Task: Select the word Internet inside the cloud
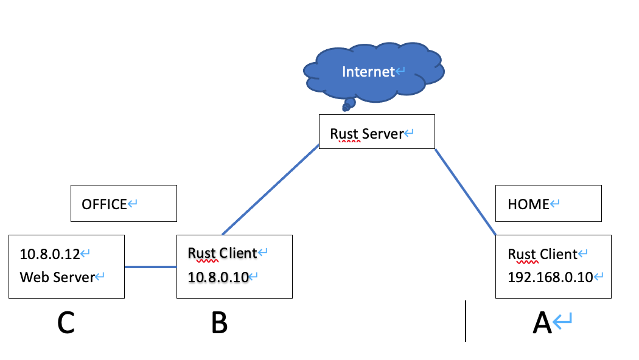pos(368,72)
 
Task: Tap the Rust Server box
pos(377,131)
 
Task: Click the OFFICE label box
pos(124,204)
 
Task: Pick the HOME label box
pos(548,204)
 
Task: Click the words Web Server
pos(57,277)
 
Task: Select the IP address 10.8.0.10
pos(218,277)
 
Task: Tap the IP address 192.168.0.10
pos(550,277)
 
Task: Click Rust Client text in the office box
pos(222,254)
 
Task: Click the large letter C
pos(66,323)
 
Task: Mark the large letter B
pos(219,323)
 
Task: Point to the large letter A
pos(542,323)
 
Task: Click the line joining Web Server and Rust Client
pos(150,266)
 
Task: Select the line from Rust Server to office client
pos(271,190)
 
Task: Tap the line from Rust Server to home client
pos(466,192)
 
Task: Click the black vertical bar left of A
pos(466,320)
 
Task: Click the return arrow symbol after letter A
pos(564,320)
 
